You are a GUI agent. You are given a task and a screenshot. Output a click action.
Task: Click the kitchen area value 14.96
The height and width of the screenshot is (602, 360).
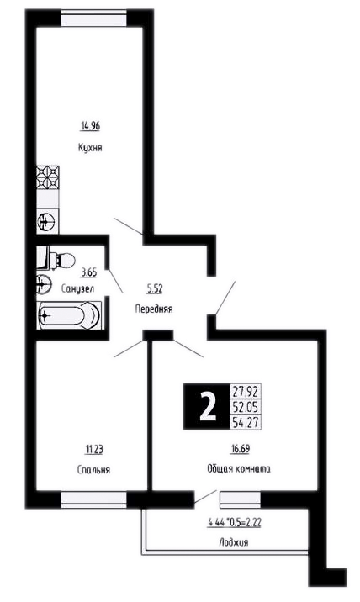(x=91, y=126)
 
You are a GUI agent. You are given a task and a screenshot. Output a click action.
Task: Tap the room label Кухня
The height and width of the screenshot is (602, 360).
(x=90, y=148)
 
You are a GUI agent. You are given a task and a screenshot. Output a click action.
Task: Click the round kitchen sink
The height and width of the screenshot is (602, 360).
(x=47, y=221)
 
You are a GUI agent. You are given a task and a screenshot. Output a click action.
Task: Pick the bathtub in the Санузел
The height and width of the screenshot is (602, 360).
(x=69, y=315)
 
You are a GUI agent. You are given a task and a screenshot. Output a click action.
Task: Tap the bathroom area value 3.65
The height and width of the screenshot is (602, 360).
(x=88, y=273)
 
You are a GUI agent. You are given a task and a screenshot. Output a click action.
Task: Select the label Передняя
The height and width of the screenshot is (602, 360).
(x=154, y=309)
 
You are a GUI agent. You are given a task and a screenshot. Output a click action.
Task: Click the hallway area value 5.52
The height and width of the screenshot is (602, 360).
(x=155, y=289)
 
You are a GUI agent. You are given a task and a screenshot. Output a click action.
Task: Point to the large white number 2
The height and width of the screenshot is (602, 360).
(x=209, y=407)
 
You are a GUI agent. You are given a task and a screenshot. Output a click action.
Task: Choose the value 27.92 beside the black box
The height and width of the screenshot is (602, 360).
(x=245, y=392)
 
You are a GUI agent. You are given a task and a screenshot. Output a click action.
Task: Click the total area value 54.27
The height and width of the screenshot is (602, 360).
(x=245, y=421)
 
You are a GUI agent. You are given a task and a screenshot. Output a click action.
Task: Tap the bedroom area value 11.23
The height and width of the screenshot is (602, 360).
(x=93, y=449)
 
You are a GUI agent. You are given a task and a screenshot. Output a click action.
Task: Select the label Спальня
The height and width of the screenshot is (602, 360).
(x=93, y=469)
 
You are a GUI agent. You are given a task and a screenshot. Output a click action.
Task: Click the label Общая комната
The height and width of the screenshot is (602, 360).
(x=239, y=469)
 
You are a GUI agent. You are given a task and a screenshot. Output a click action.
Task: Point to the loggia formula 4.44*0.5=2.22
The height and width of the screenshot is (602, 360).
(x=235, y=522)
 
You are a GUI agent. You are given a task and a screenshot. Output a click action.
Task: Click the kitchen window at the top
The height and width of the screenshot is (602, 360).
(x=93, y=18)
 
